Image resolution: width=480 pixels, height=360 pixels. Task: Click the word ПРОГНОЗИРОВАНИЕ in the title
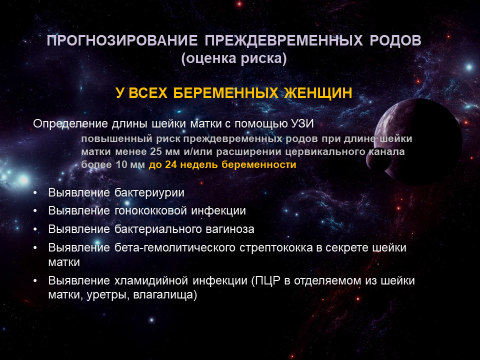(122, 40)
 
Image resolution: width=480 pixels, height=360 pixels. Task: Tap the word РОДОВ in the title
(395, 40)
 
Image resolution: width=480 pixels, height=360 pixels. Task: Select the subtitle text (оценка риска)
(234, 58)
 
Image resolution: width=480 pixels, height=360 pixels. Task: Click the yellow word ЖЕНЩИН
(318, 93)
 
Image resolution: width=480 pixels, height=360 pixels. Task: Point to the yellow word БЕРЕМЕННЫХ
(225, 93)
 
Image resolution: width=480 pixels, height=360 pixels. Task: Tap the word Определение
(70, 124)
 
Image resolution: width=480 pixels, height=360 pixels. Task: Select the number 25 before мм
(155, 152)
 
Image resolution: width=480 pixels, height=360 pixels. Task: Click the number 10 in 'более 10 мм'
(121, 164)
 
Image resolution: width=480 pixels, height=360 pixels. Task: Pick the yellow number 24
(171, 164)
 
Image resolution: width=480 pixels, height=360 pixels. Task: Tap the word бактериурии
(149, 193)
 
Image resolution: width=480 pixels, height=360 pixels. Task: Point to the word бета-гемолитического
(175, 247)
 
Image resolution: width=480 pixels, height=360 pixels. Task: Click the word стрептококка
(276, 247)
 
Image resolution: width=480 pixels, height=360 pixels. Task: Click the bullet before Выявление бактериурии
(35, 193)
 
